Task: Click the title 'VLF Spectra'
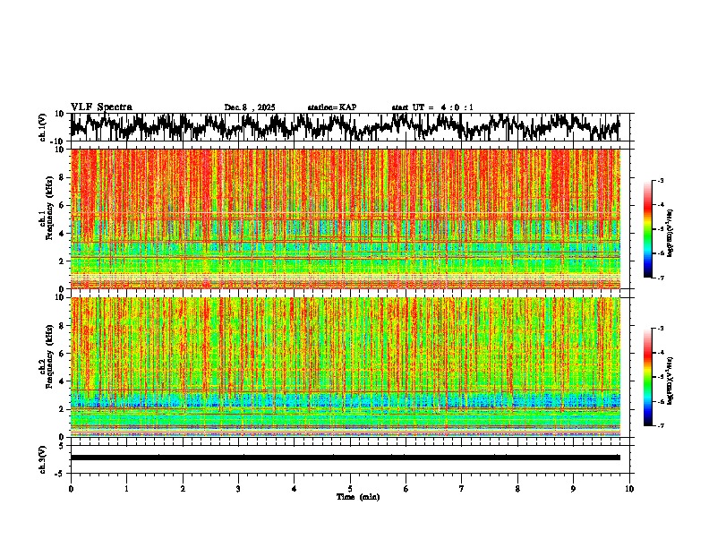[x=101, y=107]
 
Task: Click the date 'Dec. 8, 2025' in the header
[x=250, y=107]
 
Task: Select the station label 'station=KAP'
[x=331, y=107]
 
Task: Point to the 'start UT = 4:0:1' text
[x=432, y=107]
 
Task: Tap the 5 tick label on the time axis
[x=350, y=488]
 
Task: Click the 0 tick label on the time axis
[x=71, y=488]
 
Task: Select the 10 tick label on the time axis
[x=629, y=488]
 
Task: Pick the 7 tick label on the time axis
[x=462, y=488]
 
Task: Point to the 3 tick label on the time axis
[x=238, y=488]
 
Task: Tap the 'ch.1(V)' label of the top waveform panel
[x=43, y=128]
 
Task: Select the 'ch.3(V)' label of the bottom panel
[x=43, y=458]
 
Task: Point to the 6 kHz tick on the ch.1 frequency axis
[x=63, y=205]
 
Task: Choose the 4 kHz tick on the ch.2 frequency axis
[x=63, y=381]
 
